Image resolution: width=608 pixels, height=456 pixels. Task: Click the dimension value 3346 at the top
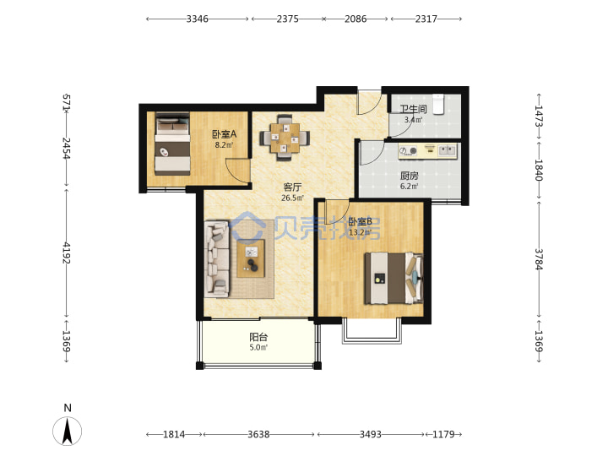pos(197,19)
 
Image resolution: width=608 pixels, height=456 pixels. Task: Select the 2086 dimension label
pos(356,19)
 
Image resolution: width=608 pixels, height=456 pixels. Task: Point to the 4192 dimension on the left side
pos(67,252)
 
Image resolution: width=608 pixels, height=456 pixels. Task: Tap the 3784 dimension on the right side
pos(539,259)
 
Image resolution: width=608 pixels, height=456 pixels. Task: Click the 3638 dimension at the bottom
pos(258,434)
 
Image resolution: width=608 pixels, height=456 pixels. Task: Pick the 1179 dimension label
pos(443,434)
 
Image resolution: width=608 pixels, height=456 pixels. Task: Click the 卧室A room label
pos(224,134)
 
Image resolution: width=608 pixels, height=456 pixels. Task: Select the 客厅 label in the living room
pos(292,187)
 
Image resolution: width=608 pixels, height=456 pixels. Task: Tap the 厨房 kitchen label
pos(409,176)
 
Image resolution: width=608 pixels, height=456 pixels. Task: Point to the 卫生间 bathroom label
pos(413,109)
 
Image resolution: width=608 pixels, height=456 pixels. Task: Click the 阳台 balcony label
pos(258,337)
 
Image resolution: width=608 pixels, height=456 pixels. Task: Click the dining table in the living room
pos(285,138)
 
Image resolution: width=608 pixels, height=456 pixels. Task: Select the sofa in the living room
pos(217,259)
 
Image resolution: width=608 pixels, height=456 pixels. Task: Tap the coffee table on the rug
pos(251,258)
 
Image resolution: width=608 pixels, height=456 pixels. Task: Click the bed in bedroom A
pos(172,144)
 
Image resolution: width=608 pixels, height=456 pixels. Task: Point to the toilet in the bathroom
pos(438,104)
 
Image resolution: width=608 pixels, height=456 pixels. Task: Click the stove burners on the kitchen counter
pos(408,150)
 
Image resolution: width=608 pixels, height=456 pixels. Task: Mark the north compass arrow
pos(68,431)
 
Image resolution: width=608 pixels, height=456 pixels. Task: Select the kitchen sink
pos(448,150)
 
